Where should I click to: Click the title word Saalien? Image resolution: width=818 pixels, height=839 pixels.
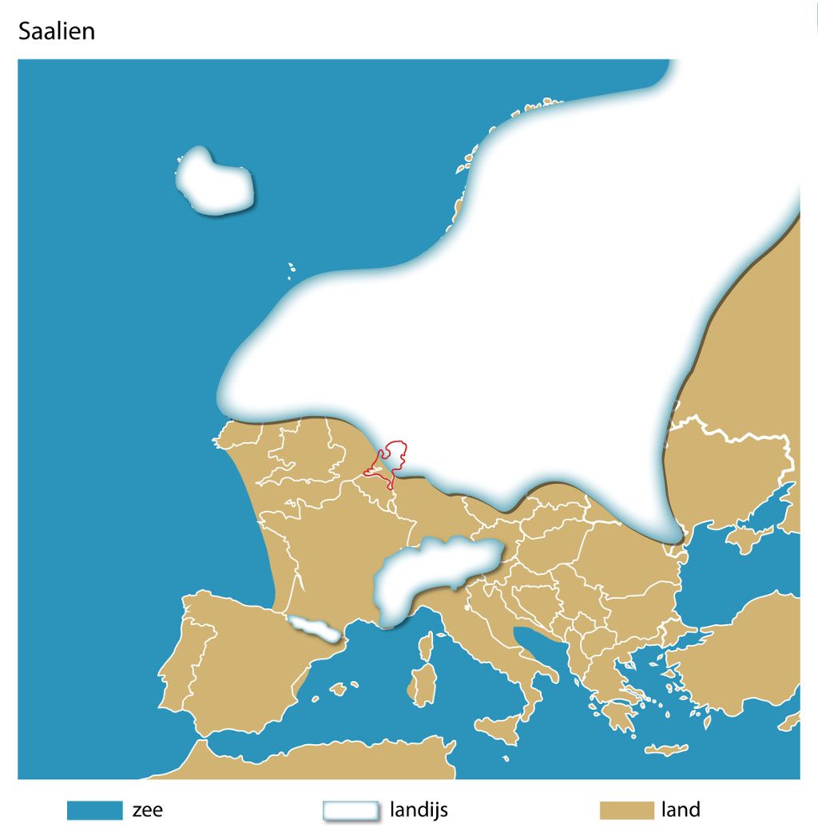click(56, 31)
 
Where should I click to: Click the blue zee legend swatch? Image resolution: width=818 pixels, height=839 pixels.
click(94, 810)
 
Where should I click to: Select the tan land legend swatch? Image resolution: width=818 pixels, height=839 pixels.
click(626, 810)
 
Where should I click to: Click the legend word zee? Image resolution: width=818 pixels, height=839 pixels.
click(148, 810)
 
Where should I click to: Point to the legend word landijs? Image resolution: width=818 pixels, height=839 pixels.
click(419, 810)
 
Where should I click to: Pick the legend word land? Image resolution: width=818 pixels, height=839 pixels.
click(681, 810)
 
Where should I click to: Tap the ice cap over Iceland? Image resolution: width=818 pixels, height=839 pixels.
click(213, 183)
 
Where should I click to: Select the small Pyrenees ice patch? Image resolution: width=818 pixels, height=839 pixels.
click(315, 629)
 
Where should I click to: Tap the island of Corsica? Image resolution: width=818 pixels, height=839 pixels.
click(426, 646)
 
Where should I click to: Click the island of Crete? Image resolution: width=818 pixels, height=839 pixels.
click(665, 750)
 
